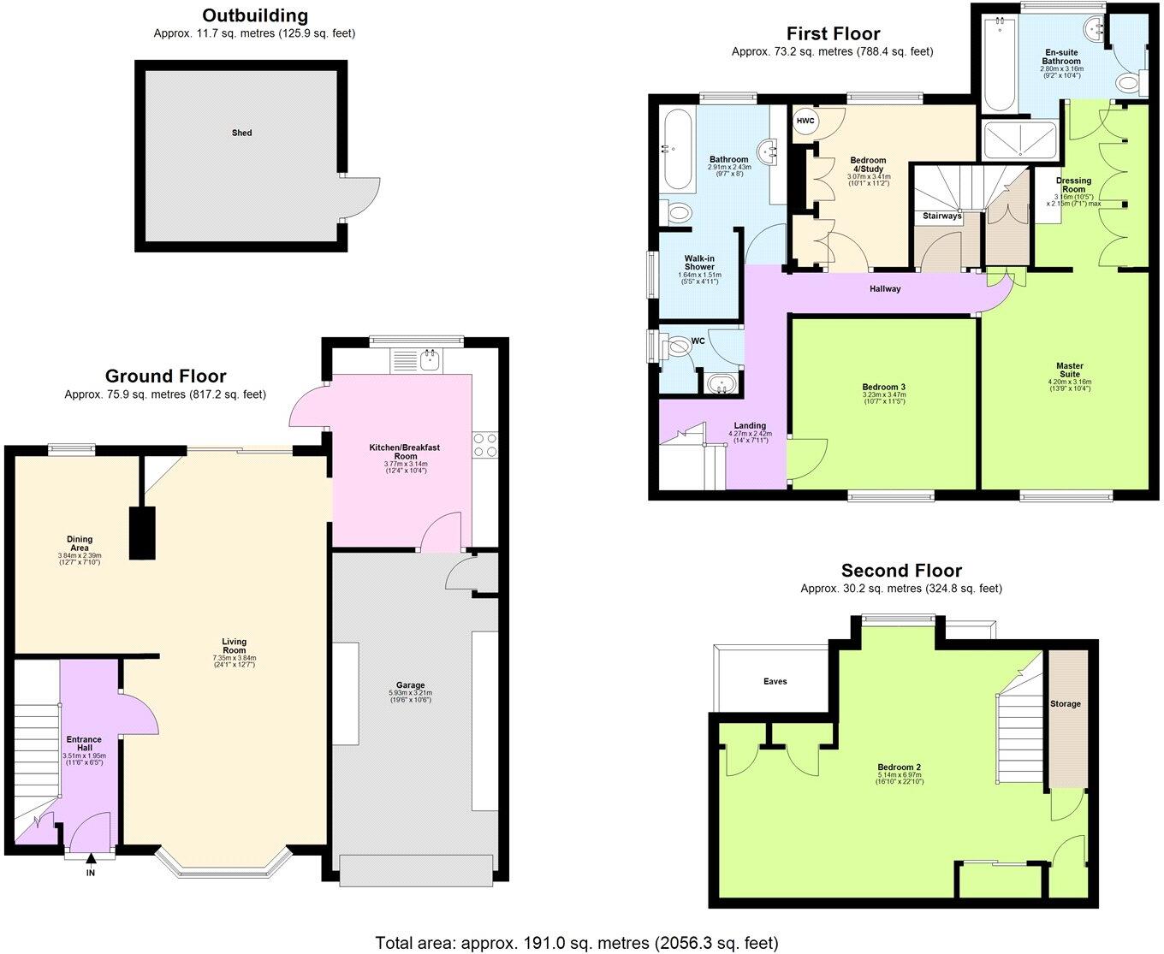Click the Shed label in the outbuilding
242,133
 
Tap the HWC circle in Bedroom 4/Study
805,121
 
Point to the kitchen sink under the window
425,360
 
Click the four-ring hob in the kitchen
484,444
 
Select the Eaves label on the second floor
775,682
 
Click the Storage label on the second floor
1066,704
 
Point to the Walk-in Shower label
699,262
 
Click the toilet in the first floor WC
678,346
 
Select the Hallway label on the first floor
885,289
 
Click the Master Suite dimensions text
1069,385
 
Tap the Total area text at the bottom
577,943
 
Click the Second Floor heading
901,571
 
